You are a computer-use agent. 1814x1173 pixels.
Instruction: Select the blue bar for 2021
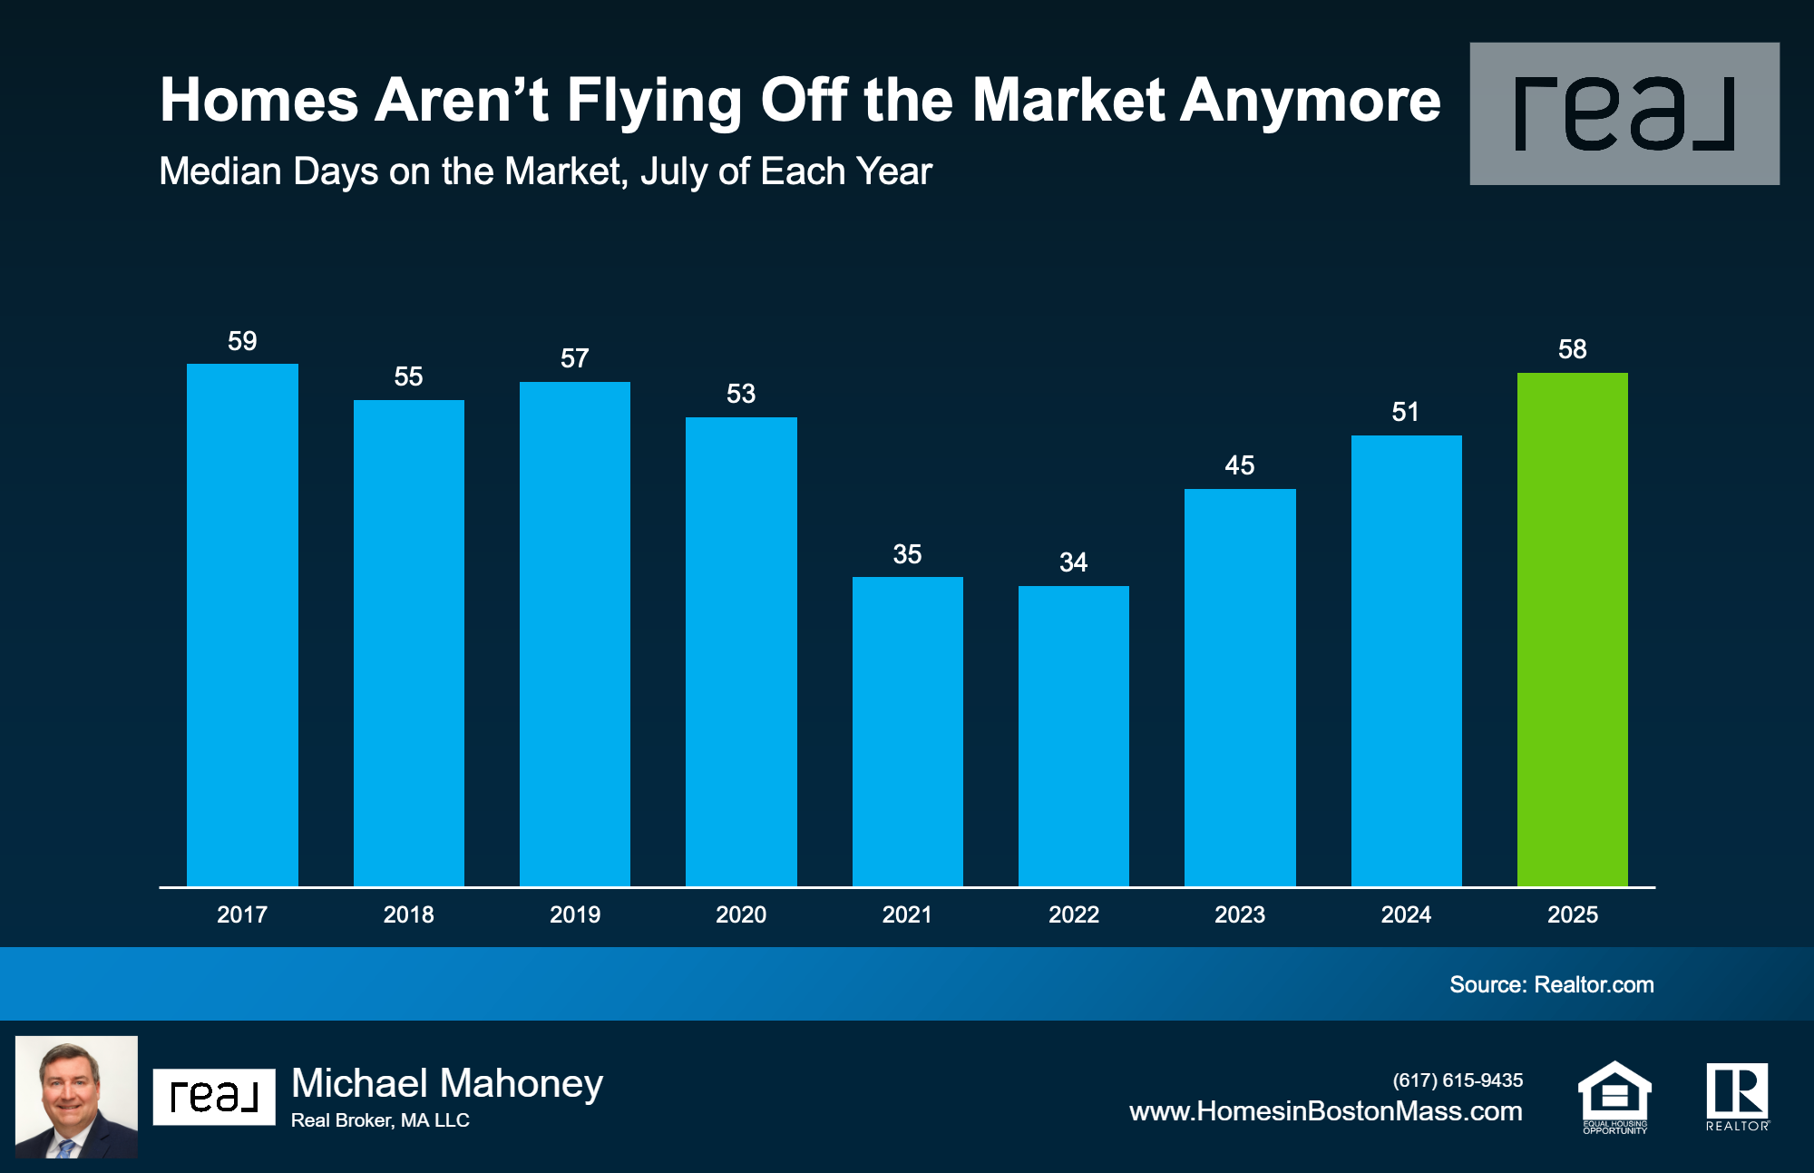[x=907, y=731]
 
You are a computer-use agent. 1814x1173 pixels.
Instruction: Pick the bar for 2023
[x=1240, y=687]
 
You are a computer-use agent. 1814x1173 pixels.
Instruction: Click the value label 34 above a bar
[x=1073, y=562]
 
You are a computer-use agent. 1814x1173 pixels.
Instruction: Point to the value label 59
[x=242, y=341]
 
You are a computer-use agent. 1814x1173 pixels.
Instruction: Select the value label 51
[x=1405, y=412]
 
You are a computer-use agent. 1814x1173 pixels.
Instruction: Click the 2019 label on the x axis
[x=575, y=914]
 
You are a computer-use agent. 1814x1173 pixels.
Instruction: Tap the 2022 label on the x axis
[x=1074, y=914]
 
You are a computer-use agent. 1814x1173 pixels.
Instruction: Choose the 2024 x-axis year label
[x=1406, y=914]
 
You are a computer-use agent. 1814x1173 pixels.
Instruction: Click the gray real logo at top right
[x=1624, y=113]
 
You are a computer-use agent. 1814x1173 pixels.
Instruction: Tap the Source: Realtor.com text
[x=1551, y=984]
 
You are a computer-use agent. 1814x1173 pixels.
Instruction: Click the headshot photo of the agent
[x=76, y=1096]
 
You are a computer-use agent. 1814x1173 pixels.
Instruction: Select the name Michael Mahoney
[x=447, y=1083]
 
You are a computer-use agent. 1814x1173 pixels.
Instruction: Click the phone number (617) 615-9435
[x=1458, y=1080]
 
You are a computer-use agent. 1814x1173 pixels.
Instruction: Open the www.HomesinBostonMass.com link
[x=1325, y=1111]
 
